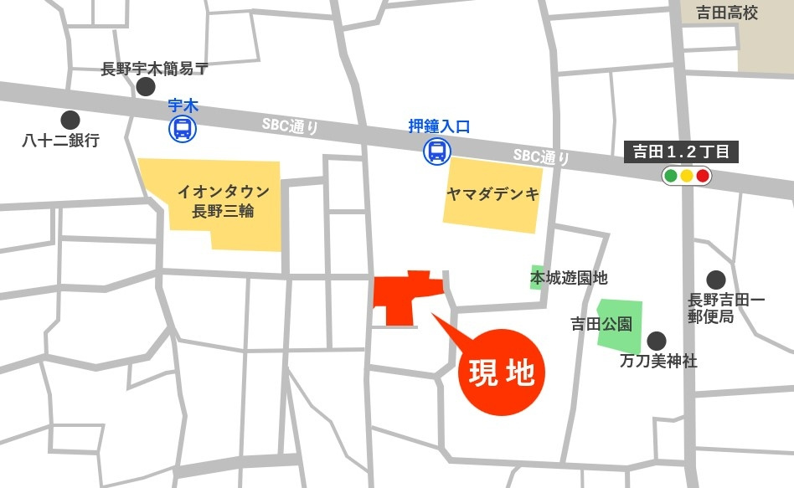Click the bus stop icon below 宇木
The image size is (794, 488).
pyautogui.click(x=182, y=129)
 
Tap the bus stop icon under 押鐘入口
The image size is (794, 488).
pyautogui.click(x=437, y=151)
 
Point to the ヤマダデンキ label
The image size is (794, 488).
pyautogui.click(x=492, y=194)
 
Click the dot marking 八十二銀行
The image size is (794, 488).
pyautogui.click(x=70, y=120)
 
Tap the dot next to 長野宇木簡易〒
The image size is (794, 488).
pyautogui.click(x=146, y=86)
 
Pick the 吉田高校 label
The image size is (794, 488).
pyautogui.click(x=727, y=13)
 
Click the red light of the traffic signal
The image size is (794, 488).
pyautogui.click(x=703, y=176)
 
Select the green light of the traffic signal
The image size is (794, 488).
pyautogui.click(x=671, y=176)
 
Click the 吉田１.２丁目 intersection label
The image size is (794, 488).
pyautogui.click(x=682, y=152)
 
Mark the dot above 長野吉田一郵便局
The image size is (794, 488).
pyautogui.click(x=715, y=280)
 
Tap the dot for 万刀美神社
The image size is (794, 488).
pyautogui.click(x=657, y=341)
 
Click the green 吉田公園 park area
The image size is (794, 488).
pyautogui.click(x=620, y=325)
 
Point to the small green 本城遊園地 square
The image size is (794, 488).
pyautogui.click(x=537, y=277)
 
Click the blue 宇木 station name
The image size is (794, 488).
pyautogui.click(x=182, y=105)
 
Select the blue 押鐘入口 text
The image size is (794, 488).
pyautogui.click(x=439, y=127)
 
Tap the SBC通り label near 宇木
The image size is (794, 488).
pyautogui.click(x=290, y=126)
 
